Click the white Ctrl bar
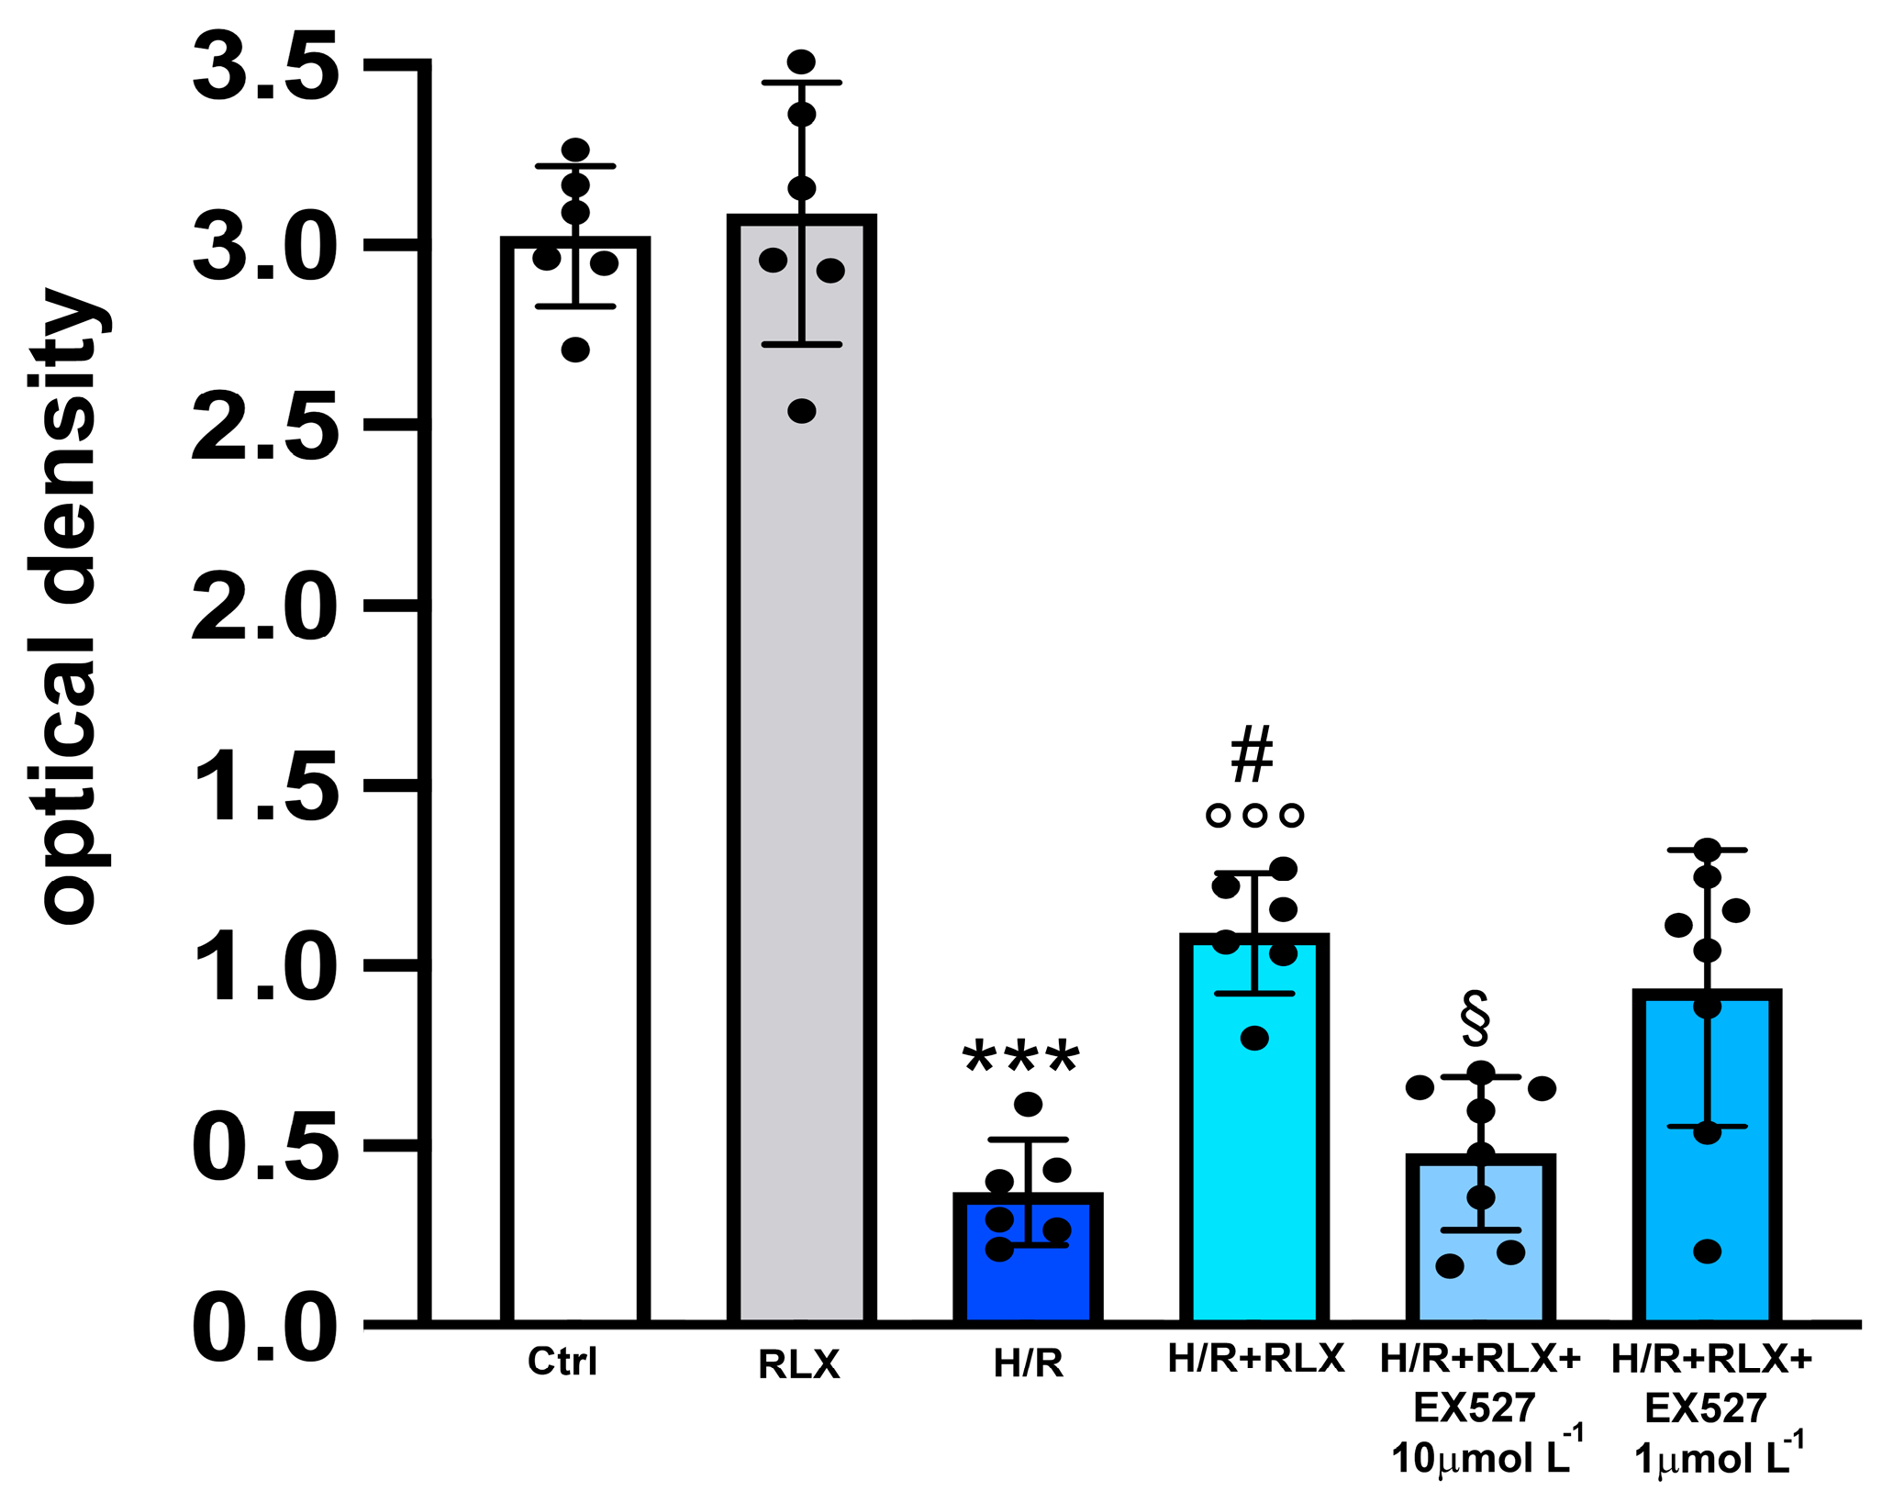point(575,780)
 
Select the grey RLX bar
point(801,780)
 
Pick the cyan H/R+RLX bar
point(1253,1147)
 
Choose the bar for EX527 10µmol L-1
point(1480,1285)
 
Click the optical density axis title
point(69,606)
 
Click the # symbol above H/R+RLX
point(1253,754)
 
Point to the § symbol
point(1476,1018)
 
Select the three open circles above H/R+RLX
point(1254,815)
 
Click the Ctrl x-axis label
point(562,1362)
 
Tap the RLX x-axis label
point(798,1365)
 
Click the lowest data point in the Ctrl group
point(575,350)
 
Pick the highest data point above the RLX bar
point(801,62)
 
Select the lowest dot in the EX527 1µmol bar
point(1707,1251)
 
